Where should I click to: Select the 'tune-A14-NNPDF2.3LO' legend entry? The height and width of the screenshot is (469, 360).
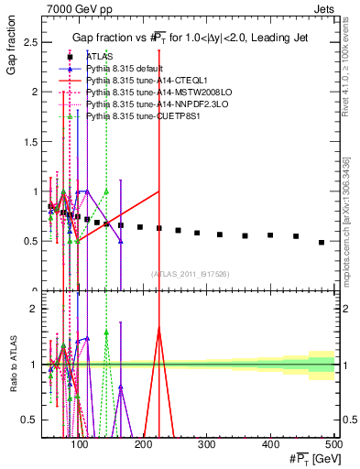click(152, 104)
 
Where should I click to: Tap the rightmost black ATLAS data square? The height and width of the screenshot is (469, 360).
click(322, 243)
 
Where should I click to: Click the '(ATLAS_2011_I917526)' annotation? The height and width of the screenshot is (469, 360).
click(190, 273)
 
